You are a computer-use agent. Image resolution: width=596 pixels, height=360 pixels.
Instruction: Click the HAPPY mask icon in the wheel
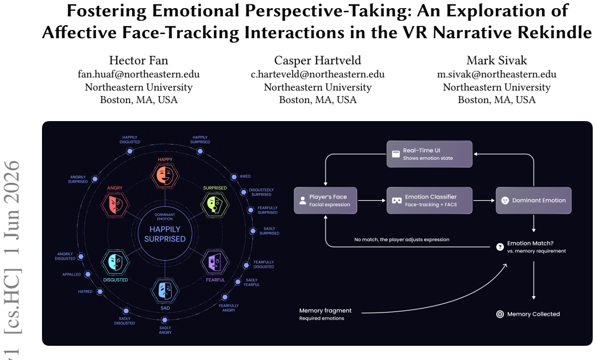[165, 176]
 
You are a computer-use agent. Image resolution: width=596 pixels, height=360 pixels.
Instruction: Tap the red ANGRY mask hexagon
[115, 205]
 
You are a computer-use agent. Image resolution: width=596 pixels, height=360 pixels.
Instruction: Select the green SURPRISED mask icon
[215, 205]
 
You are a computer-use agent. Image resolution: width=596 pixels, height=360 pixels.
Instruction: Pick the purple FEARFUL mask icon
[215, 262]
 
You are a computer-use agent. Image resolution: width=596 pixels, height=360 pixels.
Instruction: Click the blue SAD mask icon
[165, 291]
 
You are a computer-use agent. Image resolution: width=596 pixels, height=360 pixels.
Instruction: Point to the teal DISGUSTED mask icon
[115, 262]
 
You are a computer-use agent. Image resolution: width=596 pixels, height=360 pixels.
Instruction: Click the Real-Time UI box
[430, 154]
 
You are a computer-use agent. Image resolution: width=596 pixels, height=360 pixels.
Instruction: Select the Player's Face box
[326, 200]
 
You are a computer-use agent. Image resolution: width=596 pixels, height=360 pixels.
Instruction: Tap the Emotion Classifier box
[430, 200]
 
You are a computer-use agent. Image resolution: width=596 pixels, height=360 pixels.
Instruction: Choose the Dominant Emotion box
[534, 200]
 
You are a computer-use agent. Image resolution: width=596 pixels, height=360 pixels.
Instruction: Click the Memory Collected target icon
[500, 314]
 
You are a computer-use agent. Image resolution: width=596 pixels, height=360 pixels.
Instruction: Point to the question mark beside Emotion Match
[500, 247]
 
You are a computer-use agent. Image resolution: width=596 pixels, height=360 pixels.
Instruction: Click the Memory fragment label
[326, 310]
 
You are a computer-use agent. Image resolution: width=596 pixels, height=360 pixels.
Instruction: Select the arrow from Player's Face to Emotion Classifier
[372, 200]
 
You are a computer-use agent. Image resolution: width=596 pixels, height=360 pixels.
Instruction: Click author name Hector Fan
[139, 61]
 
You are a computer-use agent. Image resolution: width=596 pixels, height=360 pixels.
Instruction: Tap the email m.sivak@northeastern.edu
[496, 74]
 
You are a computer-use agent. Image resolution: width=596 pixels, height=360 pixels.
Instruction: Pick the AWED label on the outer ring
[245, 176]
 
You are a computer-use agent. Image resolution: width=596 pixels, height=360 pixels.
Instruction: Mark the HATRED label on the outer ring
[85, 292]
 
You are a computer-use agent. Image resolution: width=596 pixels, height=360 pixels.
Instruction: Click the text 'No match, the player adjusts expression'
[402, 239]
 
